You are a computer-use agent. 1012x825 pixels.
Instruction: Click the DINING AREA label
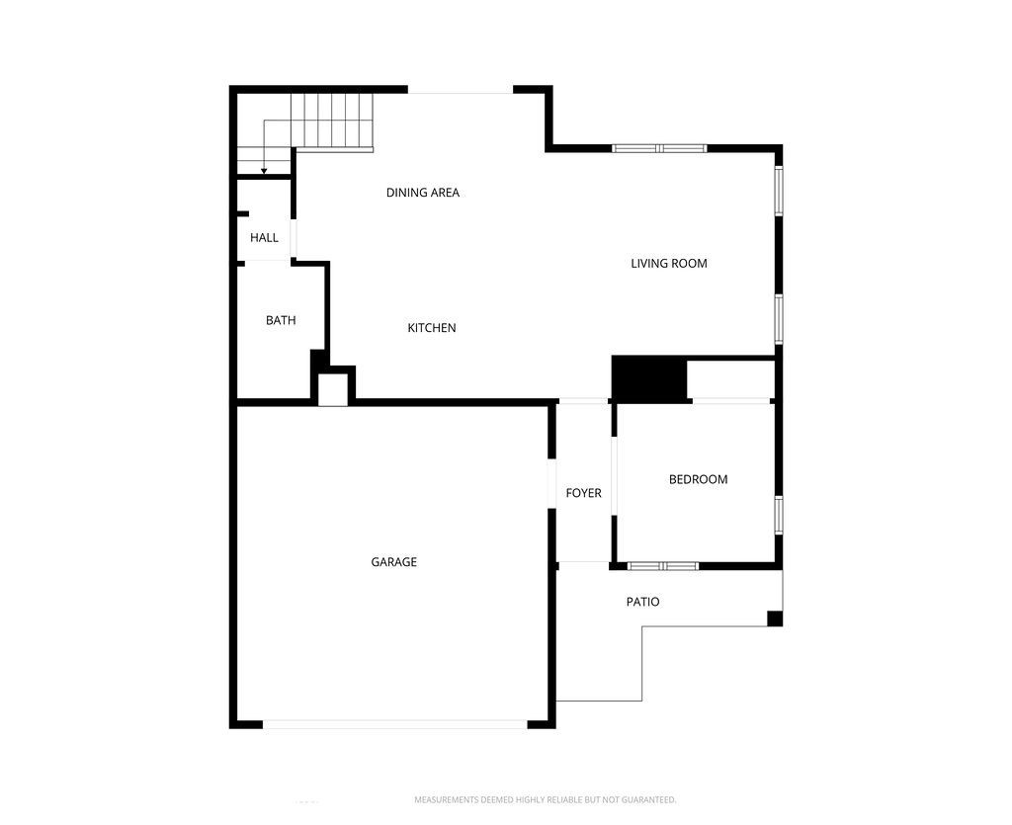coord(423,193)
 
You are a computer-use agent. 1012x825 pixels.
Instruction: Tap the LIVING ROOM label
coord(669,264)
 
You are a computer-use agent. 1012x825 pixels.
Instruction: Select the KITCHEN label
coord(432,328)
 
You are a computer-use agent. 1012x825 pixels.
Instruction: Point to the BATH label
coord(281,320)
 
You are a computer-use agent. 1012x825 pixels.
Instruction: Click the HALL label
coord(264,238)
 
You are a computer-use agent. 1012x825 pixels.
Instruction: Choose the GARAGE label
coord(394,562)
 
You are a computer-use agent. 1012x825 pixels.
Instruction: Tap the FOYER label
coord(583,493)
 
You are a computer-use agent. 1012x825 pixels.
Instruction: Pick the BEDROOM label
coord(698,479)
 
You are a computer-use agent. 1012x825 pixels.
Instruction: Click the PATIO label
coord(642,602)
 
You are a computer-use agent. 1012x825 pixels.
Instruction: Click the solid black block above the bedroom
coord(649,379)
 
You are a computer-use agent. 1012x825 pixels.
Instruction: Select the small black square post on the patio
coord(775,619)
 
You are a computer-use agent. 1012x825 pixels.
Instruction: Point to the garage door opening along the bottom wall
coord(395,724)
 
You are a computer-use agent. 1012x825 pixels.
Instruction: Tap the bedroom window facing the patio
coord(663,566)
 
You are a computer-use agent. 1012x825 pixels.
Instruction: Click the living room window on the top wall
coord(659,149)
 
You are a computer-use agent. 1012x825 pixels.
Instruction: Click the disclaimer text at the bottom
coord(545,799)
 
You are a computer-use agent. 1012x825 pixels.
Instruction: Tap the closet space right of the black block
coord(730,379)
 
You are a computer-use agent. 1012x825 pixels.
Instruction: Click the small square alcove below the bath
coord(332,388)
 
